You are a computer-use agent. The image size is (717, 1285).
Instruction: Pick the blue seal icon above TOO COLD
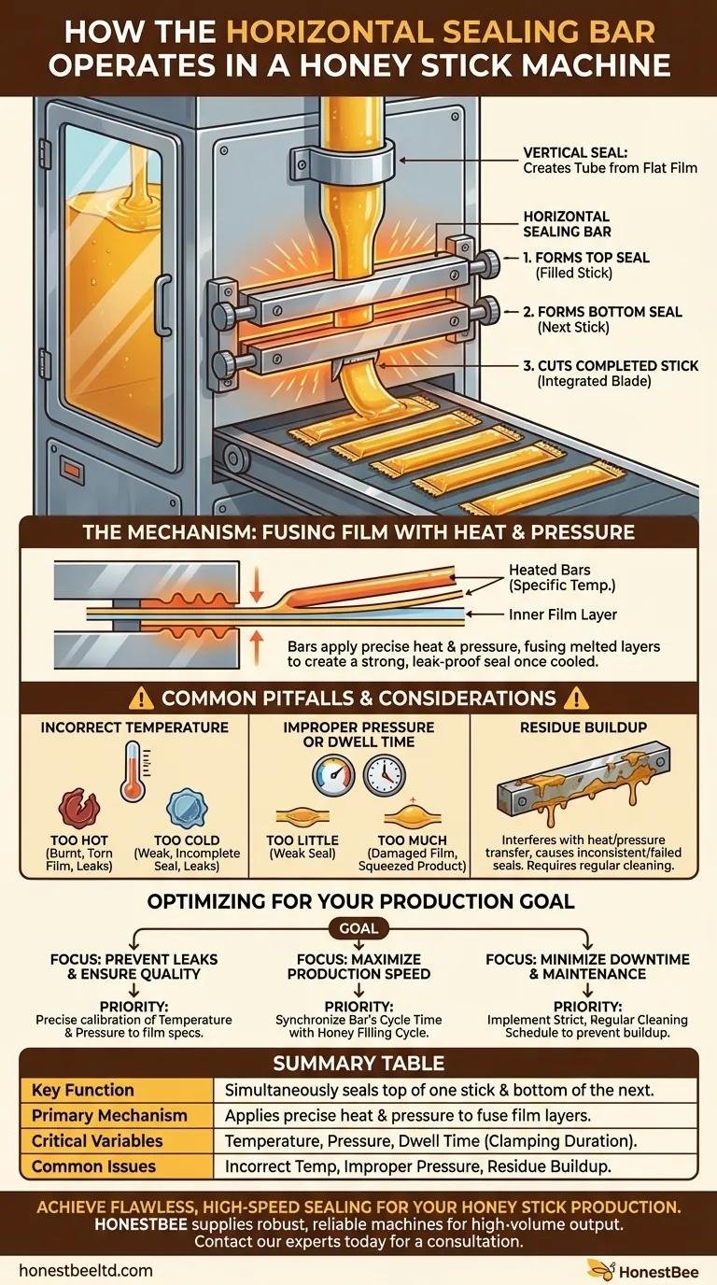click(181, 806)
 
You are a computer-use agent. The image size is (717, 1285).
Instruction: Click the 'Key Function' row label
click(82, 1090)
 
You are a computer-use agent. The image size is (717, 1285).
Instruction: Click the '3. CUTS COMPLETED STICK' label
click(609, 365)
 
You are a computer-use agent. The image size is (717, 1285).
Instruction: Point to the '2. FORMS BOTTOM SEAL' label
click(602, 311)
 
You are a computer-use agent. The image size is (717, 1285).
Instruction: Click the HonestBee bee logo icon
click(600, 1269)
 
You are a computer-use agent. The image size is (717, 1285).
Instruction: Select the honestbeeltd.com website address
click(85, 1270)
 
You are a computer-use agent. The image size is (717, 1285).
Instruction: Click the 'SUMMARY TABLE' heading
click(358, 1063)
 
